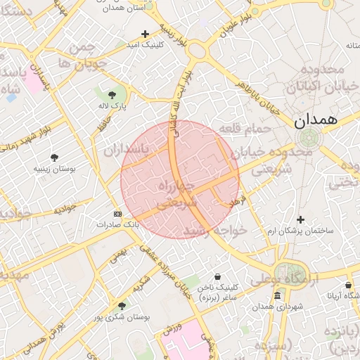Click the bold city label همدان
(316, 120)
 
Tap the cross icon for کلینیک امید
(146, 33)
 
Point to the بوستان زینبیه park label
(54, 169)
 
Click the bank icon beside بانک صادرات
(117, 214)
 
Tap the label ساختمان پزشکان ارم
(300, 231)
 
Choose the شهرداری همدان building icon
(278, 295)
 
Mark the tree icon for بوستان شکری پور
(122, 306)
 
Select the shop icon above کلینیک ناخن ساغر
(217, 276)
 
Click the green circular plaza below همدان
(307, 139)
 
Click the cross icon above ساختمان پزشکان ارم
(300, 219)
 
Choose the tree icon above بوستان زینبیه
(54, 157)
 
